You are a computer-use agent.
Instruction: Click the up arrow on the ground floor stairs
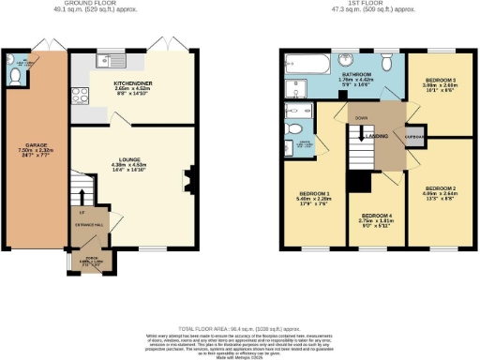[84, 198]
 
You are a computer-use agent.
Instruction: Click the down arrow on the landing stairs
[360, 131]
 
